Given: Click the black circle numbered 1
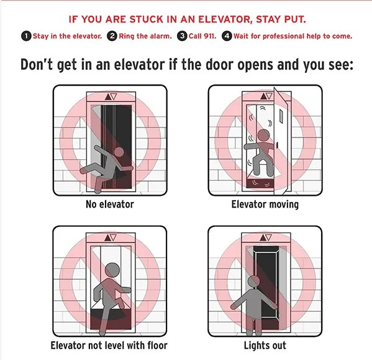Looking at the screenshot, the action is (x=26, y=36).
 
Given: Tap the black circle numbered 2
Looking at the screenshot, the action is (x=112, y=36).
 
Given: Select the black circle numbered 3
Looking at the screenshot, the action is (x=182, y=36).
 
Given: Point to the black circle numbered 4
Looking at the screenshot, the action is (x=227, y=36).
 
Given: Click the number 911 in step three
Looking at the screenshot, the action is (x=210, y=36).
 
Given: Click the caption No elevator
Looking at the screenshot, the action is (x=109, y=204).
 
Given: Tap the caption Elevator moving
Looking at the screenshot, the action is (x=265, y=205).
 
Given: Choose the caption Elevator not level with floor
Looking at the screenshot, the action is (x=109, y=345).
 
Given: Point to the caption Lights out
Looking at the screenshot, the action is (x=265, y=346).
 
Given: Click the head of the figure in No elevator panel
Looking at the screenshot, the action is (x=119, y=152).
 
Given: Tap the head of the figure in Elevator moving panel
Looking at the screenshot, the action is (x=263, y=136).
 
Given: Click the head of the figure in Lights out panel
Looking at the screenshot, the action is (x=253, y=282).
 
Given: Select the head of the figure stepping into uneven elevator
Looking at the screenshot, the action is (x=112, y=270).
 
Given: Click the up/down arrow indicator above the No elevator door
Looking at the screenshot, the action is (x=111, y=96).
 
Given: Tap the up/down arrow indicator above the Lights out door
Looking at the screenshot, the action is (x=266, y=238).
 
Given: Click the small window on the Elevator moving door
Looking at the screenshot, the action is (x=281, y=116).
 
